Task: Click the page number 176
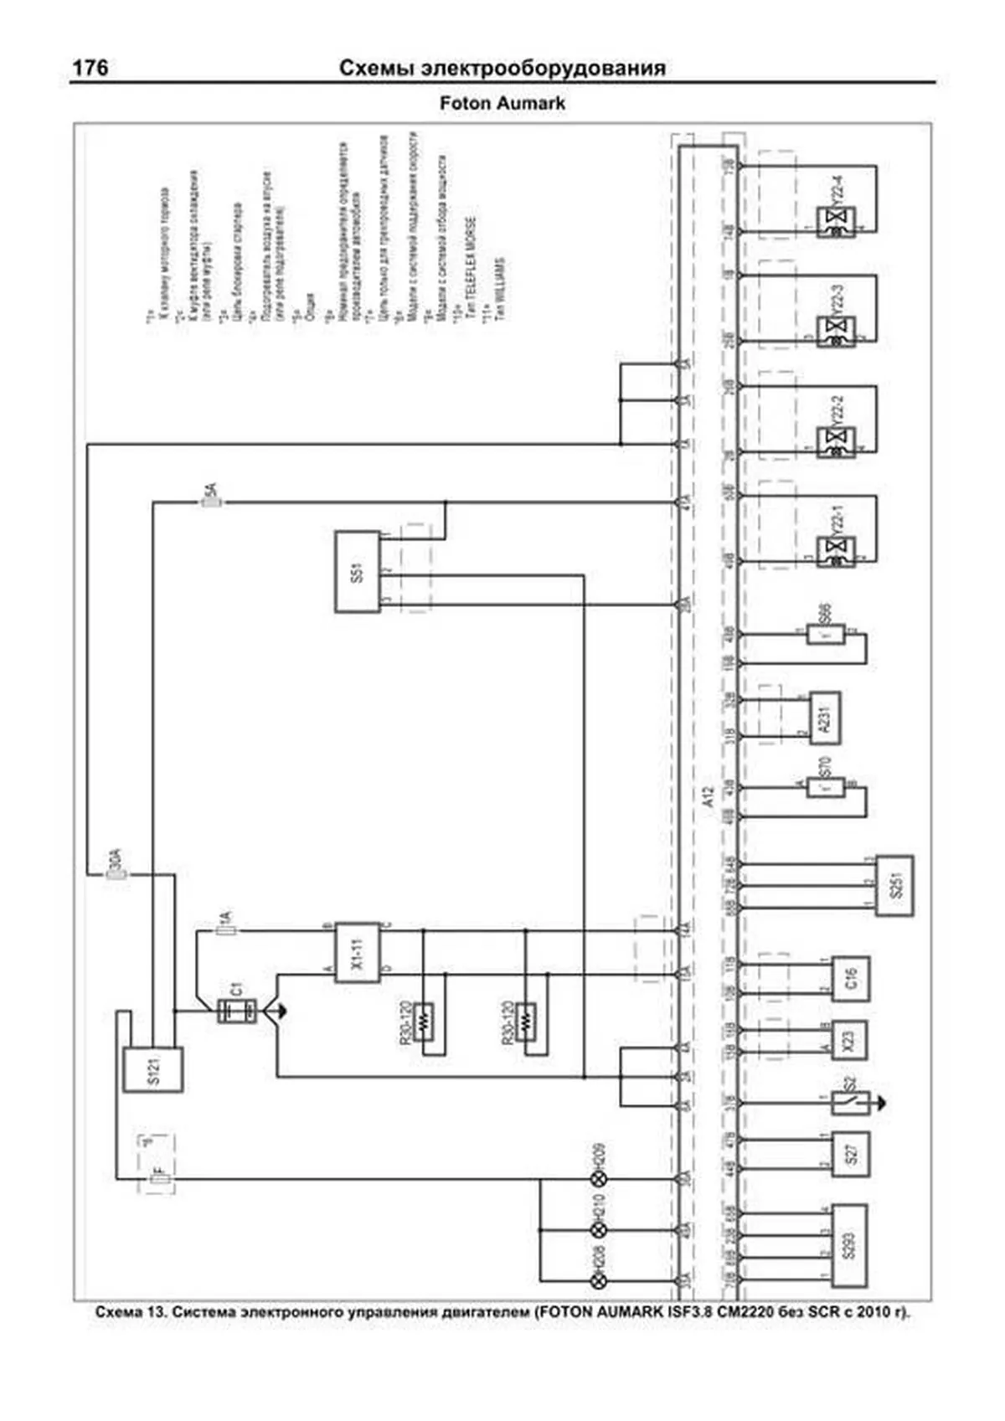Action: coord(90,68)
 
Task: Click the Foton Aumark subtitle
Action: coord(502,104)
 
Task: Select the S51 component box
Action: coord(358,572)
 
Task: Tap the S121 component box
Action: coord(152,1069)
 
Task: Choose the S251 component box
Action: coord(894,886)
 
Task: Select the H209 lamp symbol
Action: coord(599,1179)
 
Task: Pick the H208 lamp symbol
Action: coord(599,1281)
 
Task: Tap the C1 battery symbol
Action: coord(237,1011)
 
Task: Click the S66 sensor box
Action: coord(827,634)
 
